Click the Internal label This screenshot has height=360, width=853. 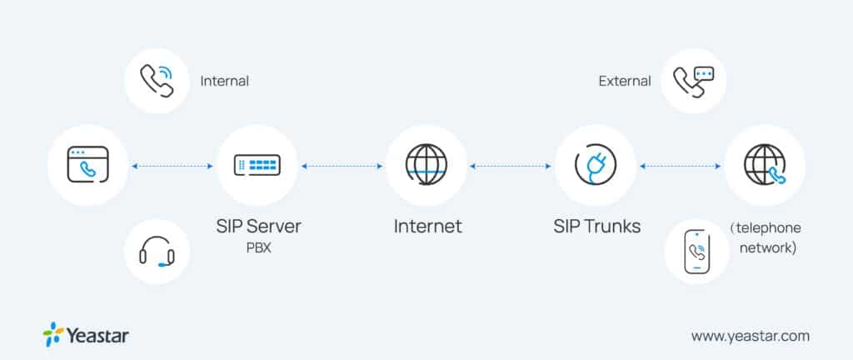tap(224, 82)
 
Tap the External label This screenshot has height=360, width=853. tap(624, 82)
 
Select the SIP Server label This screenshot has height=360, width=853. tap(257, 226)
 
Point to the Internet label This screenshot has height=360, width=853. tap(426, 226)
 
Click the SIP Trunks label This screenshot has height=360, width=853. tap(596, 226)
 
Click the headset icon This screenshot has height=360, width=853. tap(157, 251)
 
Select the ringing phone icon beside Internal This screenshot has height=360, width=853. tap(157, 82)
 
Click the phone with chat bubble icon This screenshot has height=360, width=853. tap(693, 82)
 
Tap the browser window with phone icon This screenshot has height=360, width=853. tap(88, 165)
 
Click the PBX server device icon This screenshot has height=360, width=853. tap(257, 165)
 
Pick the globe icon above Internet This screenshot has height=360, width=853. tap(426, 165)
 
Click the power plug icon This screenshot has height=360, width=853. tap(596, 165)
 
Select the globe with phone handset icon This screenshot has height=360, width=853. tap(764, 165)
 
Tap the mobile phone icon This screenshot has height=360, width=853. tap(696, 251)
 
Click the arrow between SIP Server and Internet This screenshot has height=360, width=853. tap(342, 166)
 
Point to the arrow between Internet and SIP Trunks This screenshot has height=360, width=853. tap(511, 166)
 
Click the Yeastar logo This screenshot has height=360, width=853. tap(86, 335)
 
